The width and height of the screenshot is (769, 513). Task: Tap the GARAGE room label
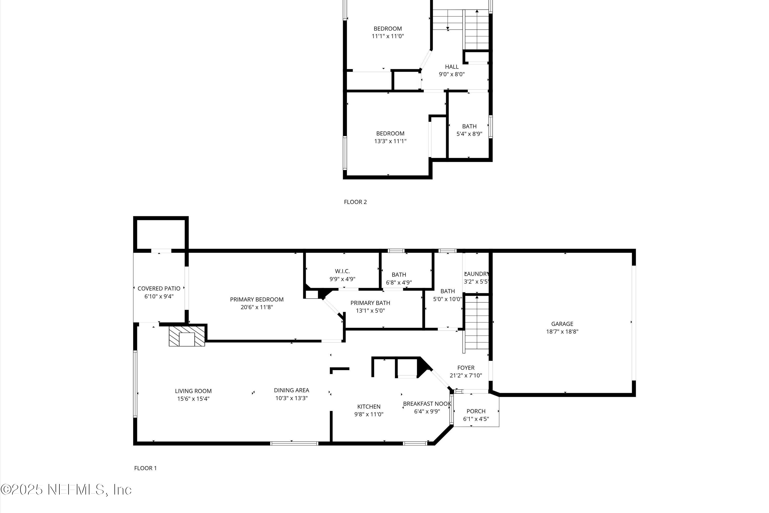[x=562, y=324]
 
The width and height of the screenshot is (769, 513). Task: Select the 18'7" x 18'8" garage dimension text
[x=562, y=331]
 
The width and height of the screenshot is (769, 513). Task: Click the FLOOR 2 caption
[x=355, y=202]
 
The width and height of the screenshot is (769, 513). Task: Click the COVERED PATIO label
[x=159, y=289]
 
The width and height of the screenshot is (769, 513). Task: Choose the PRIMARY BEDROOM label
[x=257, y=299]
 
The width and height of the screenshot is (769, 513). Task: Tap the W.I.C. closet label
[x=342, y=271]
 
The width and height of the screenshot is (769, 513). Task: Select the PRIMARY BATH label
[x=370, y=303]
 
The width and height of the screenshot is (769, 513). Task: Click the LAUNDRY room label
[x=476, y=274]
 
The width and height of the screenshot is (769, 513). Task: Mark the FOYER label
[x=466, y=368]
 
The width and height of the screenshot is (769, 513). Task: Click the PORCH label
[x=476, y=411]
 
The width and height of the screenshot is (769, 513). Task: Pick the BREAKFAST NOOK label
[x=427, y=404]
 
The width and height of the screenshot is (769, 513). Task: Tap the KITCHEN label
[x=369, y=407]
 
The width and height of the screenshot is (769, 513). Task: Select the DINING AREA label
[x=291, y=390]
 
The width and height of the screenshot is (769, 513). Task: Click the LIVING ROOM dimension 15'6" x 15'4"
[x=193, y=399]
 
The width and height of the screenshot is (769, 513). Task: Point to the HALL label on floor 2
[x=451, y=67]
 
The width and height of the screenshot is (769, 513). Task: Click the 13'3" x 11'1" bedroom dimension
[x=390, y=141]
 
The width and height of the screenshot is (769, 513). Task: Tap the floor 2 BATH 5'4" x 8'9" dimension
[x=469, y=134]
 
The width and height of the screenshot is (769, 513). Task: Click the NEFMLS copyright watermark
[x=66, y=490]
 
